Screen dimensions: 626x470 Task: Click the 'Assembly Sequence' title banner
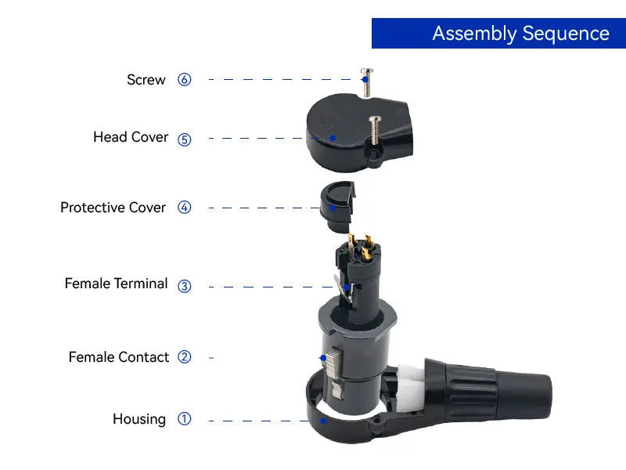[x=498, y=33]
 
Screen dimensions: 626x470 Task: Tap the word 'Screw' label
[x=146, y=80]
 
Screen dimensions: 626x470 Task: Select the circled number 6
[x=185, y=80]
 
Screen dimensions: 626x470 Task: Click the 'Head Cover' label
[x=131, y=137]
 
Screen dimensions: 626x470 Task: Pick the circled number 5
[x=185, y=139]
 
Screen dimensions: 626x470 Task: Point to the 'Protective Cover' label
[x=113, y=208]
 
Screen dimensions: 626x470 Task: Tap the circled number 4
[x=185, y=208]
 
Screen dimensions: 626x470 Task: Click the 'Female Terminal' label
[x=116, y=284]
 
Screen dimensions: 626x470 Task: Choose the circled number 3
[x=185, y=286]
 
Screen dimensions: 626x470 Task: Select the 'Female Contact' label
[x=119, y=357]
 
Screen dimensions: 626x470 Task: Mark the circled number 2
[x=185, y=357]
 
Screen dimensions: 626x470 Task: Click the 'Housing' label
[x=139, y=419]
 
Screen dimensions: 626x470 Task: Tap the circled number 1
[x=185, y=419]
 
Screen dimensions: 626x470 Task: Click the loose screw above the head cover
[x=367, y=82]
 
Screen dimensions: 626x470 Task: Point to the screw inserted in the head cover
[x=375, y=130]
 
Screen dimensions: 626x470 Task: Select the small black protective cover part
[x=337, y=207]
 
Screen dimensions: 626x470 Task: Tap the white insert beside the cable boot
[x=410, y=387]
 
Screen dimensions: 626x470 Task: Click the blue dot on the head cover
[x=333, y=139]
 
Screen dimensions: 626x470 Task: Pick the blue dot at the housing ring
[x=323, y=421]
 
